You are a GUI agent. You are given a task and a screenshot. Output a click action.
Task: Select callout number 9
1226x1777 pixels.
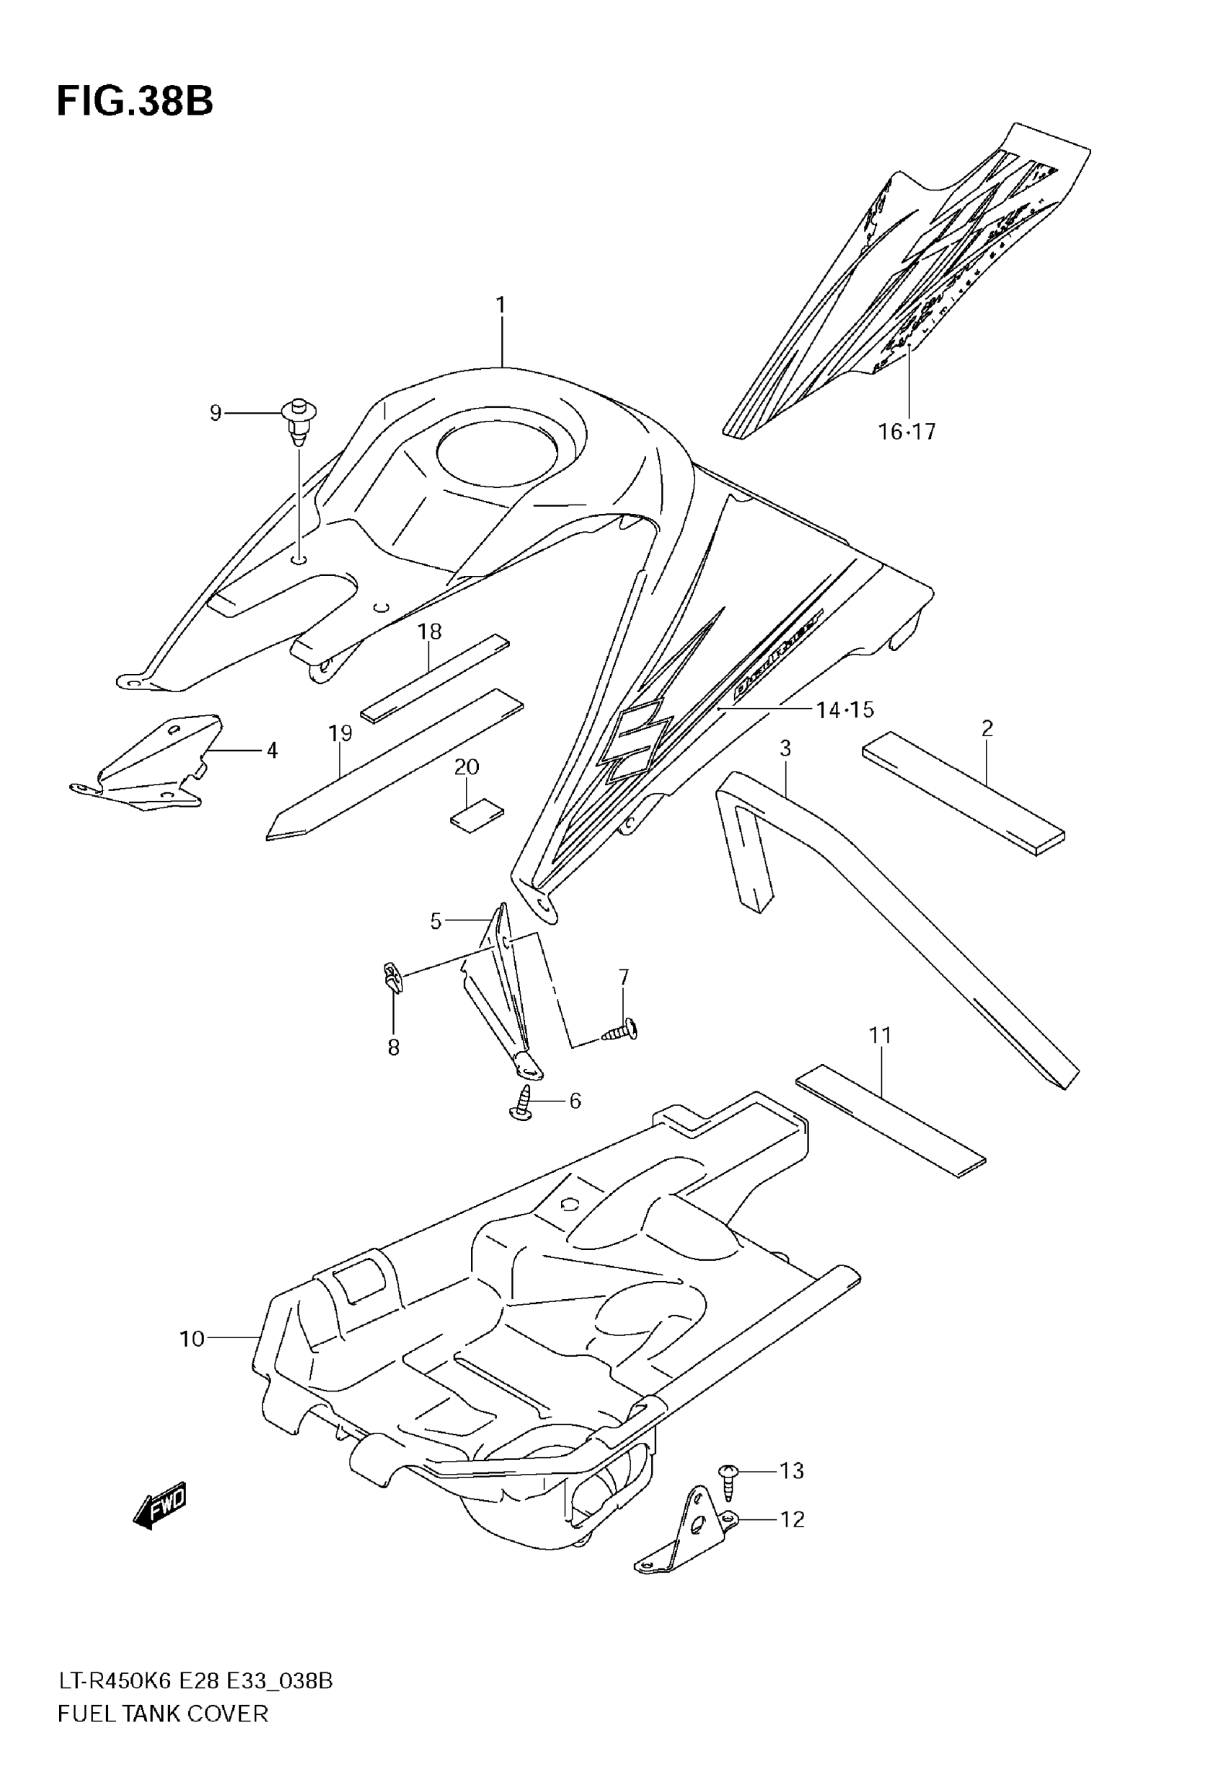tap(216, 414)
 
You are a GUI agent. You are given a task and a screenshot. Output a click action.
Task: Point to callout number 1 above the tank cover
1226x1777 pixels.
tap(500, 306)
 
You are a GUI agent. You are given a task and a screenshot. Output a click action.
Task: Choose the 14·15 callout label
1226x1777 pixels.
tap(845, 710)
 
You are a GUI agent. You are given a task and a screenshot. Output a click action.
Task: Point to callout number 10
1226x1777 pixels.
tap(192, 1339)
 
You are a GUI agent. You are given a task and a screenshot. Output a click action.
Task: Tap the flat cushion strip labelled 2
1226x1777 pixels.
tap(963, 793)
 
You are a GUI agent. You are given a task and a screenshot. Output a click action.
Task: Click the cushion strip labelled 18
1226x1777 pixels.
tap(436, 677)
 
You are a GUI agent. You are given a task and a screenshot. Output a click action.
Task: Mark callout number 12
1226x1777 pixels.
tap(792, 1519)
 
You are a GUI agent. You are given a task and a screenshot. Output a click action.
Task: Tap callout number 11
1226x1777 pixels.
tap(881, 1036)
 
